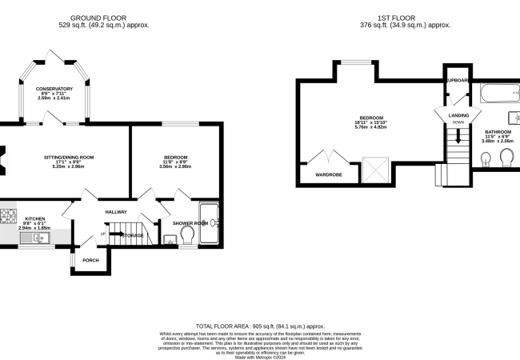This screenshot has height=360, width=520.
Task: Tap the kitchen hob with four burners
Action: pyautogui.click(x=9, y=215)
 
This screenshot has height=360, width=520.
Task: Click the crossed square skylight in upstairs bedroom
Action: pyautogui.click(x=373, y=170)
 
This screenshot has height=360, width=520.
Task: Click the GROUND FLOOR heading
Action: pyautogui.click(x=104, y=17)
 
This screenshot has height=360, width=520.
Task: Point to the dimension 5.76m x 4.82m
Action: pyautogui.click(x=371, y=127)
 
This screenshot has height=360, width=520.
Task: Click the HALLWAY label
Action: pyautogui.click(x=118, y=211)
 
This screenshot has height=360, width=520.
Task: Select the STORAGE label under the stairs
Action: pyautogui.click(x=132, y=236)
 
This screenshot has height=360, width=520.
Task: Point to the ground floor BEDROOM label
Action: pyautogui.click(x=175, y=157)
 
